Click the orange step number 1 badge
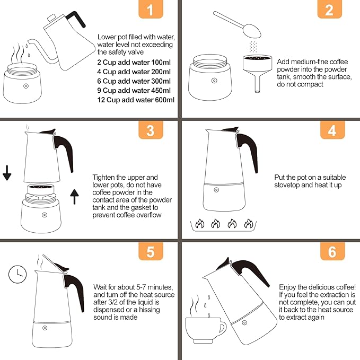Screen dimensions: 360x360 [x=151, y=10]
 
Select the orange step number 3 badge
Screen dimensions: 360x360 [x=151, y=130]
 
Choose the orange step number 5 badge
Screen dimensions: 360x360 [x=151, y=251]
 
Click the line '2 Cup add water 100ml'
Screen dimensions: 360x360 [x=134, y=62]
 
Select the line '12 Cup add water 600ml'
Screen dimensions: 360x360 [x=136, y=100]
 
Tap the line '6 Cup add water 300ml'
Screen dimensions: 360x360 [x=134, y=81]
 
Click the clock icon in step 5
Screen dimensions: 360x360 [x=17, y=274]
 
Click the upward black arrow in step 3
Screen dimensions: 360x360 [x=75, y=197]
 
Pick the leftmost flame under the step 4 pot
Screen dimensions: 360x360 [x=199, y=224]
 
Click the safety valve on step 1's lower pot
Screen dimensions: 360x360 [x=25, y=86]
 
